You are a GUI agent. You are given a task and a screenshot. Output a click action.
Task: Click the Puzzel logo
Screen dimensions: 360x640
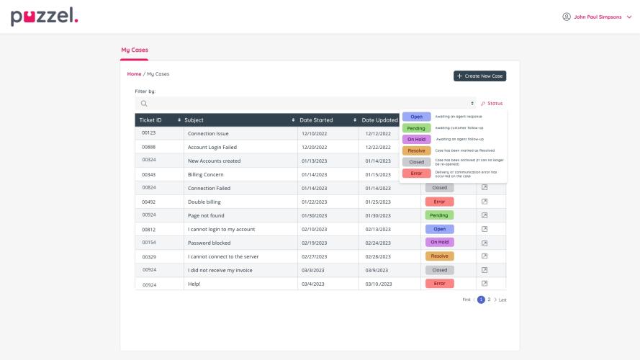[x=44, y=17]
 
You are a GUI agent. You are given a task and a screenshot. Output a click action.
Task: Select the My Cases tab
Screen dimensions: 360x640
[x=135, y=50]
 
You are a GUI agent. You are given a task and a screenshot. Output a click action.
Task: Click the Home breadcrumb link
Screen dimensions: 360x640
[x=135, y=74]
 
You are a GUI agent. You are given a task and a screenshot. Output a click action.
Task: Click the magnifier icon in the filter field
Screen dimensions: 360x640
[x=144, y=104]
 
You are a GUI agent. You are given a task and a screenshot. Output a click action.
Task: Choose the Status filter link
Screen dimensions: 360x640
[x=492, y=104]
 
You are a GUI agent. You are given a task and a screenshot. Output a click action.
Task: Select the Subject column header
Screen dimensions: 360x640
[x=194, y=120]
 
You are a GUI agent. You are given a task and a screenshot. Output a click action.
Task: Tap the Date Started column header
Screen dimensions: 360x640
[x=316, y=120]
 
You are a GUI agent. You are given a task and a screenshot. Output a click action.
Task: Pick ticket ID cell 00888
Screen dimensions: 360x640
[x=149, y=147]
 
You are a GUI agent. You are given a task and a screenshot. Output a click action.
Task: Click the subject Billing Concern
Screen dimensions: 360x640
[x=205, y=174]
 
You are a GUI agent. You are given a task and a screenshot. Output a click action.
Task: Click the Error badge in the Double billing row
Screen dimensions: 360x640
[x=439, y=202]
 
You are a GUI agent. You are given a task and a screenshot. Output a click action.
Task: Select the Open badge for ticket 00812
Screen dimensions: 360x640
[x=439, y=229]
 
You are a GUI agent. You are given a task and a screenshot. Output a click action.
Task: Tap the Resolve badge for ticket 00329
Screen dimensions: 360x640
[x=439, y=256]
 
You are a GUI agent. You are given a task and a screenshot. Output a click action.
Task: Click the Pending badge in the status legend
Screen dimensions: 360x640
[x=417, y=128]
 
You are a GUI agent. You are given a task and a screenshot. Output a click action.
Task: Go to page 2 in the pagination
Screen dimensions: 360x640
[x=489, y=300]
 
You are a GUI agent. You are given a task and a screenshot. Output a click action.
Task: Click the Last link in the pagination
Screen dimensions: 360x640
[x=502, y=300]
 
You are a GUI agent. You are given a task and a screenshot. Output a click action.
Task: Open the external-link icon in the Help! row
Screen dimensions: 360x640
[x=484, y=284]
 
